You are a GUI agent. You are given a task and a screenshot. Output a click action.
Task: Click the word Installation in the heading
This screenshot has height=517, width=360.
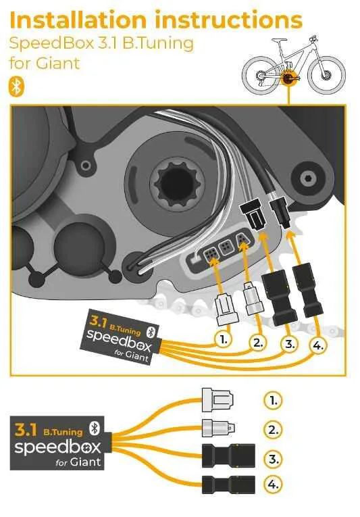[x=78, y=20]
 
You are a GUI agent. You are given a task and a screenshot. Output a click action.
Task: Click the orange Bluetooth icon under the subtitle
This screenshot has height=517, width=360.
[x=16, y=87]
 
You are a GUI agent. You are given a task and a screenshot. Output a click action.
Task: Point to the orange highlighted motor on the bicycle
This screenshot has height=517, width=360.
[x=289, y=78]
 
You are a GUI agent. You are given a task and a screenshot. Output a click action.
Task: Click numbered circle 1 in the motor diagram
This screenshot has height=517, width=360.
[x=224, y=339]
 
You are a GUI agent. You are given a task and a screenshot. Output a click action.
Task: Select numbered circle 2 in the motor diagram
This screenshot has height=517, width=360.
[x=258, y=343]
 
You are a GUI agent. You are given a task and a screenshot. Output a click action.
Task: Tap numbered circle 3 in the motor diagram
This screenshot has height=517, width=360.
[x=290, y=344]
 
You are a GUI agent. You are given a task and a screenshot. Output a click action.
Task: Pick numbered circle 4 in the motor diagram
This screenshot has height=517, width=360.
[x=318, y=345]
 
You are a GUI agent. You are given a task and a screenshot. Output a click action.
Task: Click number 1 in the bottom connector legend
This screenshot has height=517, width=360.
[x=274, y=400]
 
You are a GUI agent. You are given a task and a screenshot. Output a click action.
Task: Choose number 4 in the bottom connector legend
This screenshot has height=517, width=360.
[x=274, y=485]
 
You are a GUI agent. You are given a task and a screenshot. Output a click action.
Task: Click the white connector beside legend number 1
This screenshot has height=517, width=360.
[x=217, y=400]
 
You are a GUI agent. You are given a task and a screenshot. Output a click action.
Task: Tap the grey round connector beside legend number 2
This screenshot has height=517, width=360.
[x=218, y=428]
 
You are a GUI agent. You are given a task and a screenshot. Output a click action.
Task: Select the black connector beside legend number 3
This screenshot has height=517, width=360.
[x=228, y=456]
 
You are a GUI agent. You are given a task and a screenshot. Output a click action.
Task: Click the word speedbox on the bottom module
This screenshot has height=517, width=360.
[x=57, y=447]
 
